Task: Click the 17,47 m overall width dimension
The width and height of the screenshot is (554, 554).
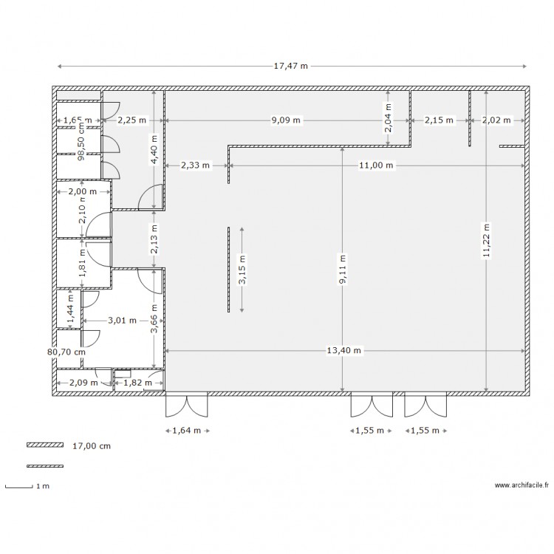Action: point(290,66)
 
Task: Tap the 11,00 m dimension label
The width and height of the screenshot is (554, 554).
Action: point(377,166)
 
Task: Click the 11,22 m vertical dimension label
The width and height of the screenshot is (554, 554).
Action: point(485,241)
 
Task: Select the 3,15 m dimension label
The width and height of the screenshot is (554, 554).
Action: point(242,270)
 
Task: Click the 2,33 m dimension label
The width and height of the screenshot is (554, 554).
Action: point(195,166)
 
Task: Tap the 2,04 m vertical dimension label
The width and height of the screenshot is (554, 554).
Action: point(388,117)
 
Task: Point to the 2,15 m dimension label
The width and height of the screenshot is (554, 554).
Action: point(439,120)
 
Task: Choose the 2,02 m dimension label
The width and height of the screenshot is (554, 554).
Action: point(496,120)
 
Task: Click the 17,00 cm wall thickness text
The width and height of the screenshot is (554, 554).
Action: point(92,446)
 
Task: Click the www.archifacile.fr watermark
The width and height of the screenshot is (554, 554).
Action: point(521,485)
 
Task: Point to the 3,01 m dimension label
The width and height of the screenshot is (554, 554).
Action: point(122,321)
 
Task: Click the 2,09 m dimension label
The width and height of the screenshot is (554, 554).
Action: point(83,383)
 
